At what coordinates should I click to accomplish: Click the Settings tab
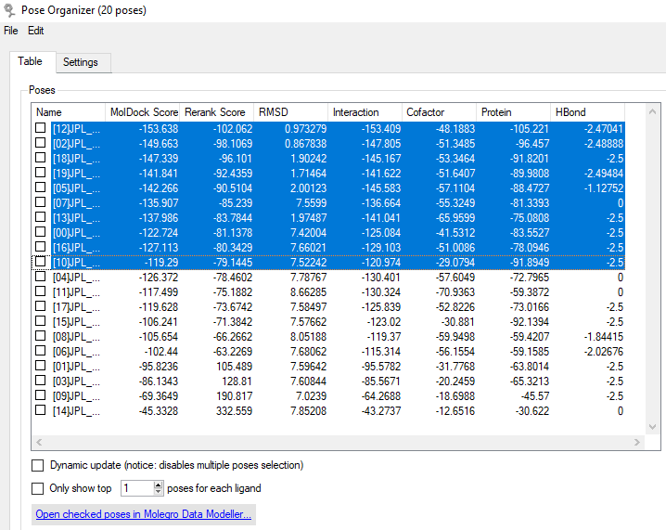[81, 62]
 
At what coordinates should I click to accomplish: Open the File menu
[10, 31]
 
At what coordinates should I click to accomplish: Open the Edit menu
[35, 31]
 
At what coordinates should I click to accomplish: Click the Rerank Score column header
[216, 112]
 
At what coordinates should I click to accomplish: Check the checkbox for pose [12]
[41, 128]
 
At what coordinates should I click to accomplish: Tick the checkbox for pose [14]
[41, 410]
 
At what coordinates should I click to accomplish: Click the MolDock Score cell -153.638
[159, 129]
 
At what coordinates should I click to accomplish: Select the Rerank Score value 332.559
[234, 411]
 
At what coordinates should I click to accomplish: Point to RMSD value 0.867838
[305, 144]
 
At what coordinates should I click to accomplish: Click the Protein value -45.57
[535, 396]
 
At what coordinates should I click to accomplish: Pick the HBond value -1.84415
[603, 337]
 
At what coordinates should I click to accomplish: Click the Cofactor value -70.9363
[455, 292]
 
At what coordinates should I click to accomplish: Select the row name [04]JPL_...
[76, 278]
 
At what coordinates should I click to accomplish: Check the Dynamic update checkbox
[37, 465]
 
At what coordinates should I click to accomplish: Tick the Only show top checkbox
[37, 488]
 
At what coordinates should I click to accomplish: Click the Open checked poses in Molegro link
[144, 514]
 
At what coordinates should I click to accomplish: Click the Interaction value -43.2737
[381, 411]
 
